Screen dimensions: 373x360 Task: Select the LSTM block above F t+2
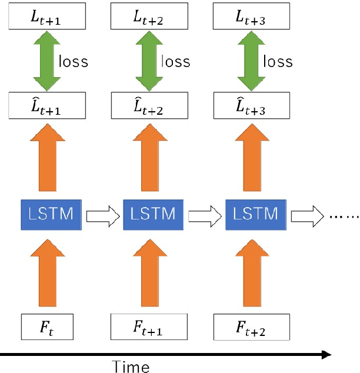[252, 214]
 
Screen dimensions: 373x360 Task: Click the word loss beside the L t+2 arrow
[175, 61]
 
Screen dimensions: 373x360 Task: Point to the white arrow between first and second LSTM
[103, 216]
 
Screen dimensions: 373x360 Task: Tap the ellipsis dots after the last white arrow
[342, 217]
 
